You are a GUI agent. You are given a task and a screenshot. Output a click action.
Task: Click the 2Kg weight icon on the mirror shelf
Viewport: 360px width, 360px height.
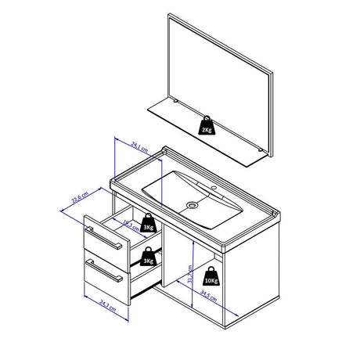point(206,126)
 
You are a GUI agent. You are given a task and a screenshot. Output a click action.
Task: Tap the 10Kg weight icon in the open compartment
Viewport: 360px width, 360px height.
point(211,275)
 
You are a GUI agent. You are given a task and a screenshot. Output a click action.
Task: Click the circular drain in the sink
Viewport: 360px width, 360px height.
point(190,204)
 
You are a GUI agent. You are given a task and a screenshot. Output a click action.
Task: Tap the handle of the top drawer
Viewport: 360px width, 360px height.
point(105,237)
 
